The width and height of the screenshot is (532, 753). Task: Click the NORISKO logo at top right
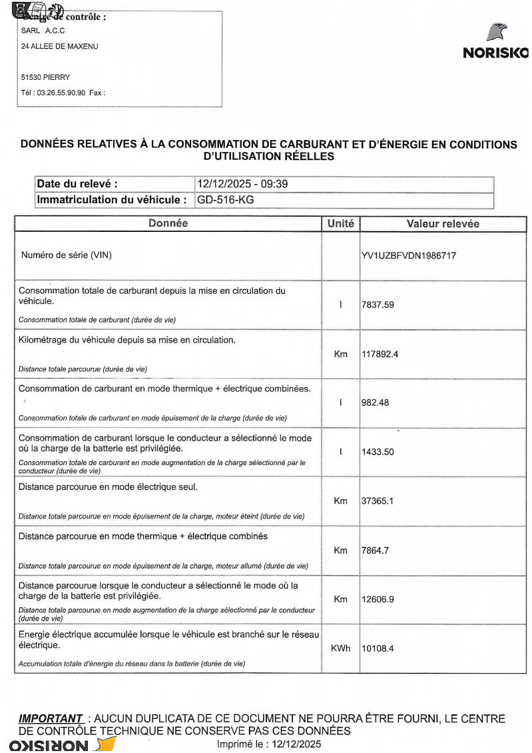(495, 43)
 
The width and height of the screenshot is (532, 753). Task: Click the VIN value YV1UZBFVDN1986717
(409, 255)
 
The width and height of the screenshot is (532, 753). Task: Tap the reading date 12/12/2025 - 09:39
(242, 184)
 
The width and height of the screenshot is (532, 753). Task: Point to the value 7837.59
(378, 305)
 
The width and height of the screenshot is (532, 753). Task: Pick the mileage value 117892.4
(380, 354)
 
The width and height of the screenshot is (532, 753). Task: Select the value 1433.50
(378, 452)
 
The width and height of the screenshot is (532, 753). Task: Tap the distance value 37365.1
(378, 501)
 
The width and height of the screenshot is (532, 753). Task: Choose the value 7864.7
(376, 550)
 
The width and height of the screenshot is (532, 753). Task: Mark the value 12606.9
(378, 599)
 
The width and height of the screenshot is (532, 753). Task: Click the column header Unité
(341, 224)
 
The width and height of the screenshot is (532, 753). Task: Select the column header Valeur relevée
(443, 224)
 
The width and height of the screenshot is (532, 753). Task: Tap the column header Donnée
(168, 224)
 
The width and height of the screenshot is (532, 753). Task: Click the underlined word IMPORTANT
(51, 719)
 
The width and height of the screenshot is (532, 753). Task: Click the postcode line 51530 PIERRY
(45, 77)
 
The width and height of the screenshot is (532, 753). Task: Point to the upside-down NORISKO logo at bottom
(53, 745)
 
